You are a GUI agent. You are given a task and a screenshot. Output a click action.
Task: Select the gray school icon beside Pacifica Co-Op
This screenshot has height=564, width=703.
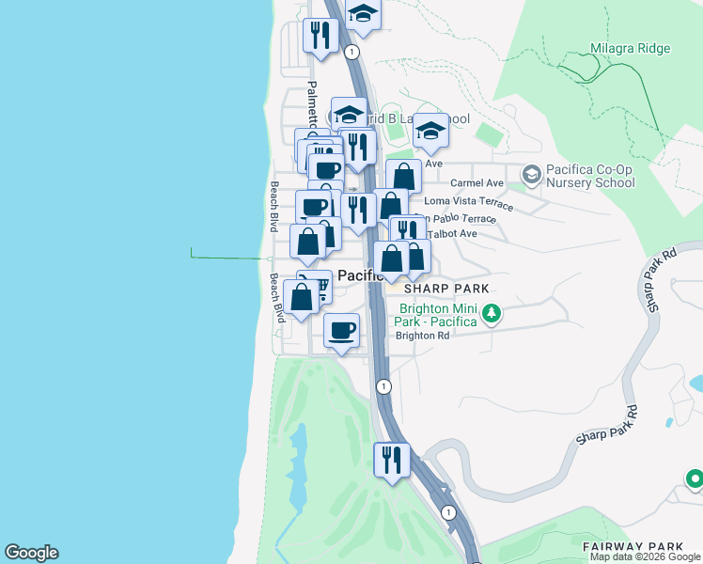pyautogui.click(x=532, y=174)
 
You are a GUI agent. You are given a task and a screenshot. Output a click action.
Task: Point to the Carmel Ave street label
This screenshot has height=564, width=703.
pyautogui.click(x=477, y=182)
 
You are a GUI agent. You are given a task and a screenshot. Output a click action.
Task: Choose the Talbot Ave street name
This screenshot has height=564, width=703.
pyautogui.click(x=455, y=233)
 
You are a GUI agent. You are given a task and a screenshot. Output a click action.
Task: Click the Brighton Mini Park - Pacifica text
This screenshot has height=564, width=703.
pyautogui.click(x=439, y=314)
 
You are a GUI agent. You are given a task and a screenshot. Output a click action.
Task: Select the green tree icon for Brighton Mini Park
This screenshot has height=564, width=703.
pyautogui.click(x=491, y=312)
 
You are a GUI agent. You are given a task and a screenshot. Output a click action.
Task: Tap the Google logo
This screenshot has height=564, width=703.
pyautogui.click(x=31, y=553)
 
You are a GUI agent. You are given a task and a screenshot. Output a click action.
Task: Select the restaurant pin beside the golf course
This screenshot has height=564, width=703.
pyautogui.click(x=392, y=460)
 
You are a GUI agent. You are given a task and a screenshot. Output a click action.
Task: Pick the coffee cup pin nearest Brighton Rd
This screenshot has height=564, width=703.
pyautogui.click(x=341, y=329)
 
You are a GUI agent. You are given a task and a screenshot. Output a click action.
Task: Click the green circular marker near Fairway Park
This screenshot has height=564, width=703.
pyautogui.click(x=695, y=479)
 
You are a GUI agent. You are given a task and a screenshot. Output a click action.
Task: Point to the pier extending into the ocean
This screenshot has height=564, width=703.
pyautogui.click(x=226, y=257)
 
